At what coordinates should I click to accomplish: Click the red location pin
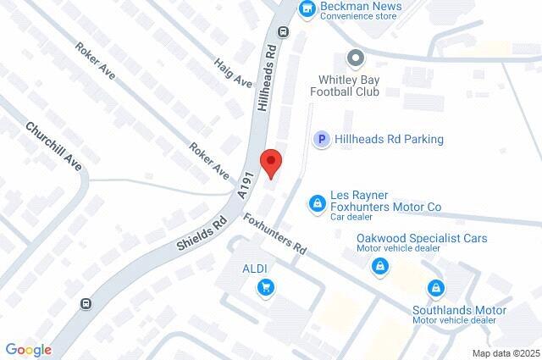pyautogui.click(x=270, y=163)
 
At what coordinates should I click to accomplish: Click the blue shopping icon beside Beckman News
pyautogui.click(x=307, y=8)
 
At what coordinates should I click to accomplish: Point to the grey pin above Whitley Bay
pyautogui.click(x=356, y=58)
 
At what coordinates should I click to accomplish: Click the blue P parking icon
pyautogui.click(x=321, y=140)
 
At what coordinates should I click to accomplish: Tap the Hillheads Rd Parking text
pyautogui.click(x=390, y=140)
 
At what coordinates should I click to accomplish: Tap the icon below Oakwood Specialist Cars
pyautogui.click(x=380, y=266)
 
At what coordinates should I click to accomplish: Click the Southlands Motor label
pyautogui.click(x=459, y=311)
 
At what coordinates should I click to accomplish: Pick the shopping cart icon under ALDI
pyautogui.click(x=266, y=287)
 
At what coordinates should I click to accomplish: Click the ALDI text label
pyautogui.click(x=256, y=269)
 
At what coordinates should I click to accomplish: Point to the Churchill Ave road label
pyautogui.click(x=53, y=147)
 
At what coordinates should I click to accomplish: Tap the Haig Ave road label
pyautogui.click(x=233, y=72)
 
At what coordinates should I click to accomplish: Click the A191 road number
pyautogui.click(x=246, y=183)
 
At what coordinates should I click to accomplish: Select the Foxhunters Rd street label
pyautogui.click(x=275, y=235)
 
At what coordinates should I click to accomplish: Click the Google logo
pyautogui.click(x=28, y=350)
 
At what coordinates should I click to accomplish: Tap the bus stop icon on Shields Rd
pyautogui.click(x=86, y=303)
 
